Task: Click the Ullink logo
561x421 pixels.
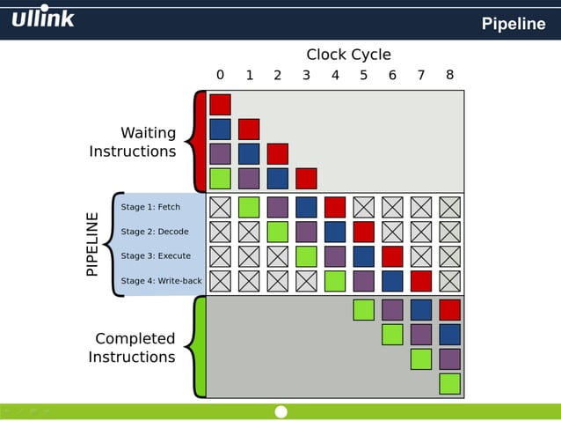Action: [43, 18]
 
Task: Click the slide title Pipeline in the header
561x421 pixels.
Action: [513, 24]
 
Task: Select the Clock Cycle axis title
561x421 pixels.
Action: [348, 55]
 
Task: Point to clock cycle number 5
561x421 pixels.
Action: [364, 76]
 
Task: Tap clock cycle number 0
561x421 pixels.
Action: [220, 75]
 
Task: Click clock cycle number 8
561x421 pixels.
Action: [449, 75]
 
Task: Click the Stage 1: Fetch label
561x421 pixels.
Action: [150, 207]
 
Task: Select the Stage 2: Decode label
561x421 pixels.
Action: [155, 232]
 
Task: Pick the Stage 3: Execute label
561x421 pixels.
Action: [156, 256]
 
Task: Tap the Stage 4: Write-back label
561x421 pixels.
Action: [161, 281]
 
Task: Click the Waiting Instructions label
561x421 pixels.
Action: [133, 142]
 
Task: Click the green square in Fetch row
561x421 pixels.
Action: [249, 207]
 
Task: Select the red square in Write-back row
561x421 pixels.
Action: [421, 281]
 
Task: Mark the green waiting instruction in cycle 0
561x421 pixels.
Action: [220, 179]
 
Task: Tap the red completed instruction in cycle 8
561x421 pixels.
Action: [449, 310]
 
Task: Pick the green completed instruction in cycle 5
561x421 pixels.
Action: [363, 310]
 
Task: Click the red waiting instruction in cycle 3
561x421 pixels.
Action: [306, 179]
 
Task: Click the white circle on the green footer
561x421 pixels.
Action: [281, 412]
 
